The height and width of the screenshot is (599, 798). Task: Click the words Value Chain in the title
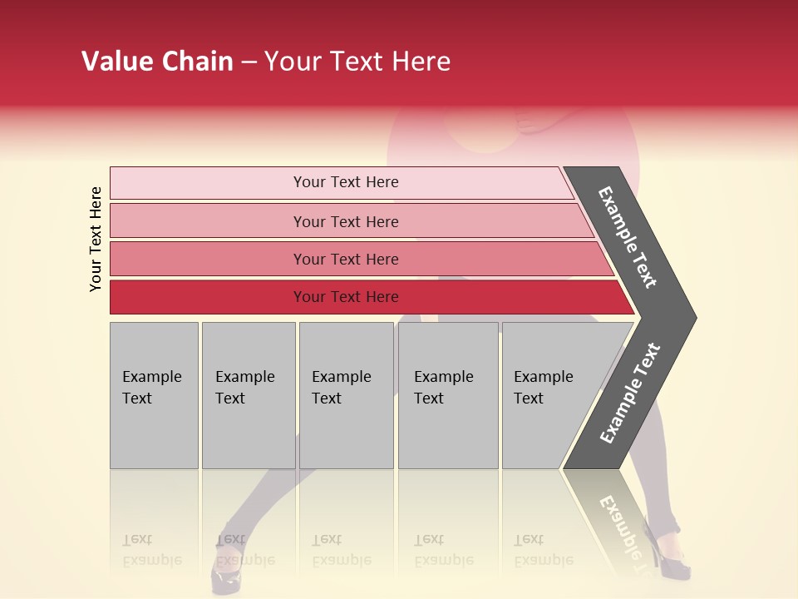(x=157, y=62)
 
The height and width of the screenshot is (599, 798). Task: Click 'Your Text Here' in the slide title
(x=357, y=62)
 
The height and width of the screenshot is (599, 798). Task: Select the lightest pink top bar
(x=345, y=182)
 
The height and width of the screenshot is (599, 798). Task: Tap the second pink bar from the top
(x=345, y=221)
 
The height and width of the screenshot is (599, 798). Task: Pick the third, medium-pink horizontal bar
(x=345, y=259)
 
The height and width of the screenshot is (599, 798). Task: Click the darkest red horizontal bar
(x=345, y=297)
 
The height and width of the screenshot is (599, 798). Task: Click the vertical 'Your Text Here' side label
(x=96, y=239)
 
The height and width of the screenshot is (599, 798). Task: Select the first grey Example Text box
(x=154, y=395)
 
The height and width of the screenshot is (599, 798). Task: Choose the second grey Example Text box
(x=248, y=395)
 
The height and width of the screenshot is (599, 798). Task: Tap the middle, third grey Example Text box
(x=346, y=395)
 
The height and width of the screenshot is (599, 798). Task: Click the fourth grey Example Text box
(x=447, y=395)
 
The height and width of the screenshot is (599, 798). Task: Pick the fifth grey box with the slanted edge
(x=549, y=395)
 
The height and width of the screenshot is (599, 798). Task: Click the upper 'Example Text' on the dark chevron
(x=628, y=238)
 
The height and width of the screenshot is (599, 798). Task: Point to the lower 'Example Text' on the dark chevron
(x=630, y=394)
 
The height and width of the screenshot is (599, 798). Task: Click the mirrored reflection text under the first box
(x=152, y=551)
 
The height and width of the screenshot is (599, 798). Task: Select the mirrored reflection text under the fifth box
(x=543, y=551)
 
